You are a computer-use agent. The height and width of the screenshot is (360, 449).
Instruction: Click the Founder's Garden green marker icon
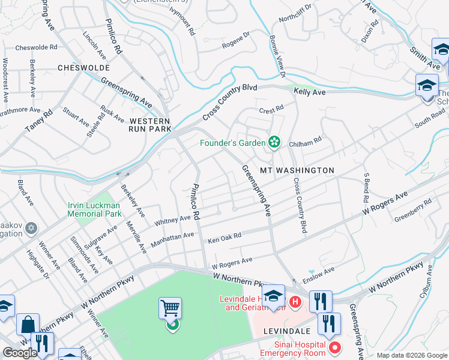coord(274,142)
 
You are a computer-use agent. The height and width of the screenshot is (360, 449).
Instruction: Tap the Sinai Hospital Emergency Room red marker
coord(335,347)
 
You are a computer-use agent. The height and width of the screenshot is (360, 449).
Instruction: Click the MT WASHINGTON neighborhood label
coord(297,170)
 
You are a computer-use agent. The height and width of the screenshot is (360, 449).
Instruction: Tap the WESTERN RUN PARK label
coord(151,125)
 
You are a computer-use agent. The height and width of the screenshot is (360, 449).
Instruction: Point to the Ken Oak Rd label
coord(224,238)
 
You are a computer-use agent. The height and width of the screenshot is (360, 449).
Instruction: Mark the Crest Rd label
coord(271,110)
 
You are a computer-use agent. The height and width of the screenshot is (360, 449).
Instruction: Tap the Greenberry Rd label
coord(413,210)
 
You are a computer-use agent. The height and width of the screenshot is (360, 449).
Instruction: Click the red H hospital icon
coord(295,301)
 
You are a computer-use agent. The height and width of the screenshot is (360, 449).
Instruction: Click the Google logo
coord(20,353)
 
